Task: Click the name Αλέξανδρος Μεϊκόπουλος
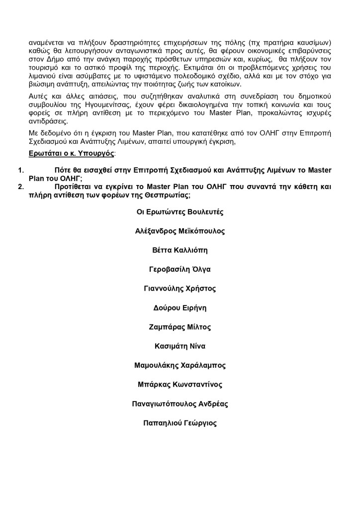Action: [180, 231]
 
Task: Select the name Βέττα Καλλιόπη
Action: [180, 250]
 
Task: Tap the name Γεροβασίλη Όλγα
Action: [180, 270]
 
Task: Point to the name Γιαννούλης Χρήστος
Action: [180, 289]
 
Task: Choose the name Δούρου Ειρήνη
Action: [180, 308]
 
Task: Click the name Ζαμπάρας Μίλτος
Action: [180, 327]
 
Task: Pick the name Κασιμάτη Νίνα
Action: [180, 346]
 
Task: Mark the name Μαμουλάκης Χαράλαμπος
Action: [180, 365]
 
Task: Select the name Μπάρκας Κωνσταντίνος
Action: [180, 385]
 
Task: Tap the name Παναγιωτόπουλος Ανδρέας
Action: [180, 404]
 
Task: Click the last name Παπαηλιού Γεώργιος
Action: [180, 423]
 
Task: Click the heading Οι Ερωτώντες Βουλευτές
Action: [180, 212]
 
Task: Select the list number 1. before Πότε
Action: [21, 170]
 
